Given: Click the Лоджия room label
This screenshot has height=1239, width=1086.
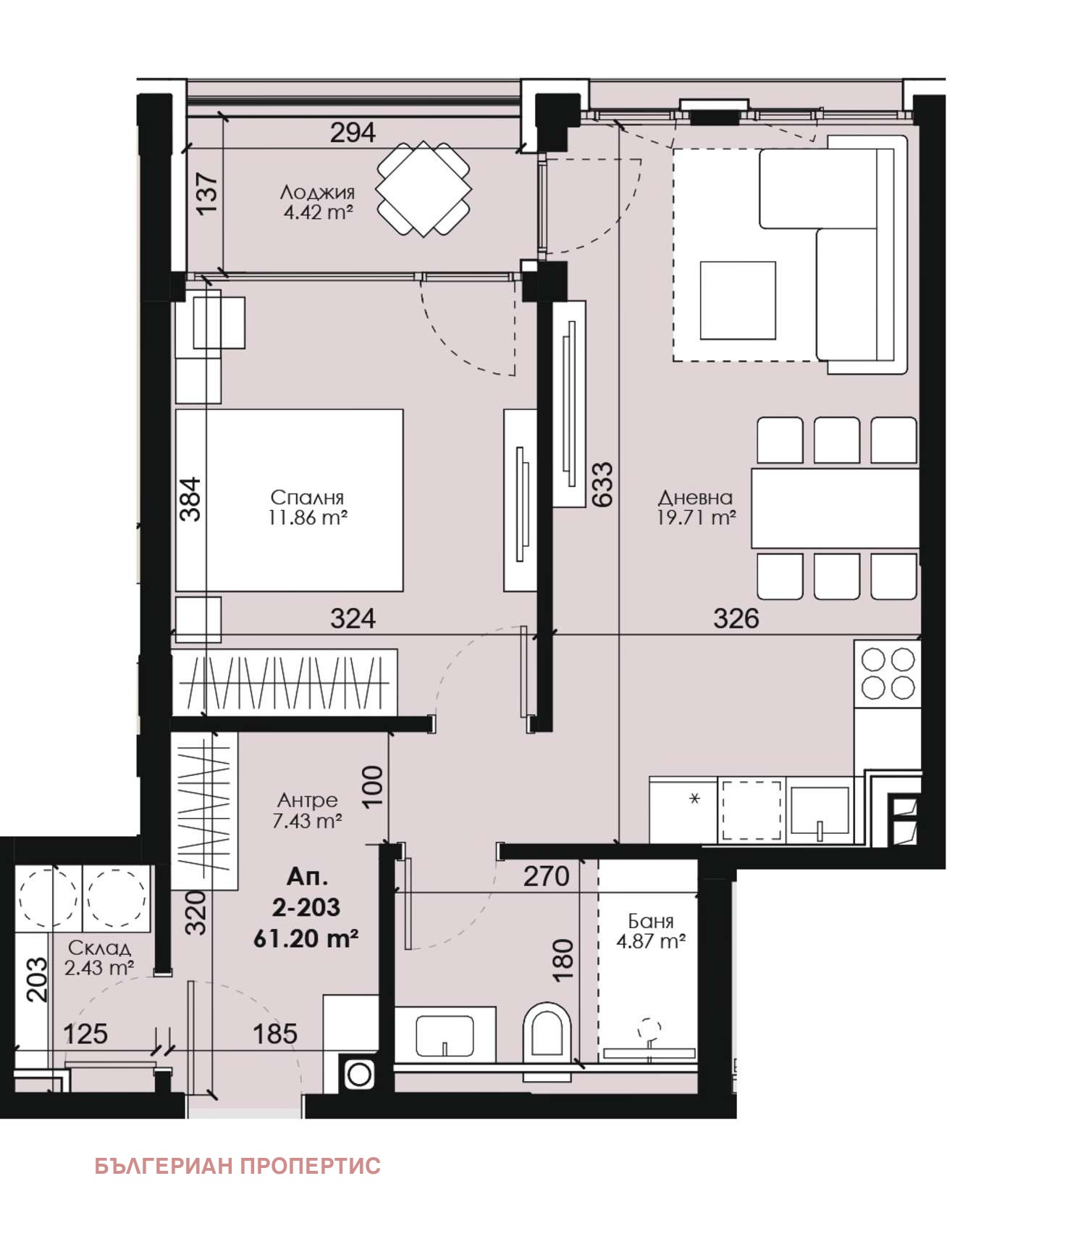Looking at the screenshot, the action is click(317, 192).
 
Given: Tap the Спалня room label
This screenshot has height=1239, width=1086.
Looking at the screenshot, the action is click(307, 497).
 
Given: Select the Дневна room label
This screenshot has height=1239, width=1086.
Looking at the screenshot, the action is click(695, 497).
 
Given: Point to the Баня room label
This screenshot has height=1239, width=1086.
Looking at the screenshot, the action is click(650, 921).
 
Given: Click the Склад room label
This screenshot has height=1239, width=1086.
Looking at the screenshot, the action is click(99, 948).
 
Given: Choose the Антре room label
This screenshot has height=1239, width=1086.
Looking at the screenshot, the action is click(308, 800).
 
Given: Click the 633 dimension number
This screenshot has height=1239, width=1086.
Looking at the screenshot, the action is click(602, 484).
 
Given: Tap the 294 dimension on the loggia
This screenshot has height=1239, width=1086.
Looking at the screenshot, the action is click(353, 133).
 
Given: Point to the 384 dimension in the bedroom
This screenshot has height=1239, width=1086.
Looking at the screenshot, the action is click(190, 499).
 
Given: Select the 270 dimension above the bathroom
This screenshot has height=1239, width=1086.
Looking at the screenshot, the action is click(546, 877).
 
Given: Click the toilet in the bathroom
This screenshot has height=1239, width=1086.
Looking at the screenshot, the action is click(547, 1032).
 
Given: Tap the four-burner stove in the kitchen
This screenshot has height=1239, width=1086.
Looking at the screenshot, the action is click(888, 673).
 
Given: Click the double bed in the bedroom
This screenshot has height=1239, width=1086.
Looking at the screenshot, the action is click(289, 500).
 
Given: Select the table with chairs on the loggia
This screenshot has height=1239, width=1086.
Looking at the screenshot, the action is click(424, 189).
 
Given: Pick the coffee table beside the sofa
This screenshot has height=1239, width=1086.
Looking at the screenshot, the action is click(738, 301).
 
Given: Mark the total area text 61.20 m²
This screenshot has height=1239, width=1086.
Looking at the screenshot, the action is click(306, 938).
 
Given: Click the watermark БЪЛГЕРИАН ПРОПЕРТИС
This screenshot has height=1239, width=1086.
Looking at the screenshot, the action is click(237, 1166).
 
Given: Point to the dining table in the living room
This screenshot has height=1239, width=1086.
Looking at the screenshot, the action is click(835, 508).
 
